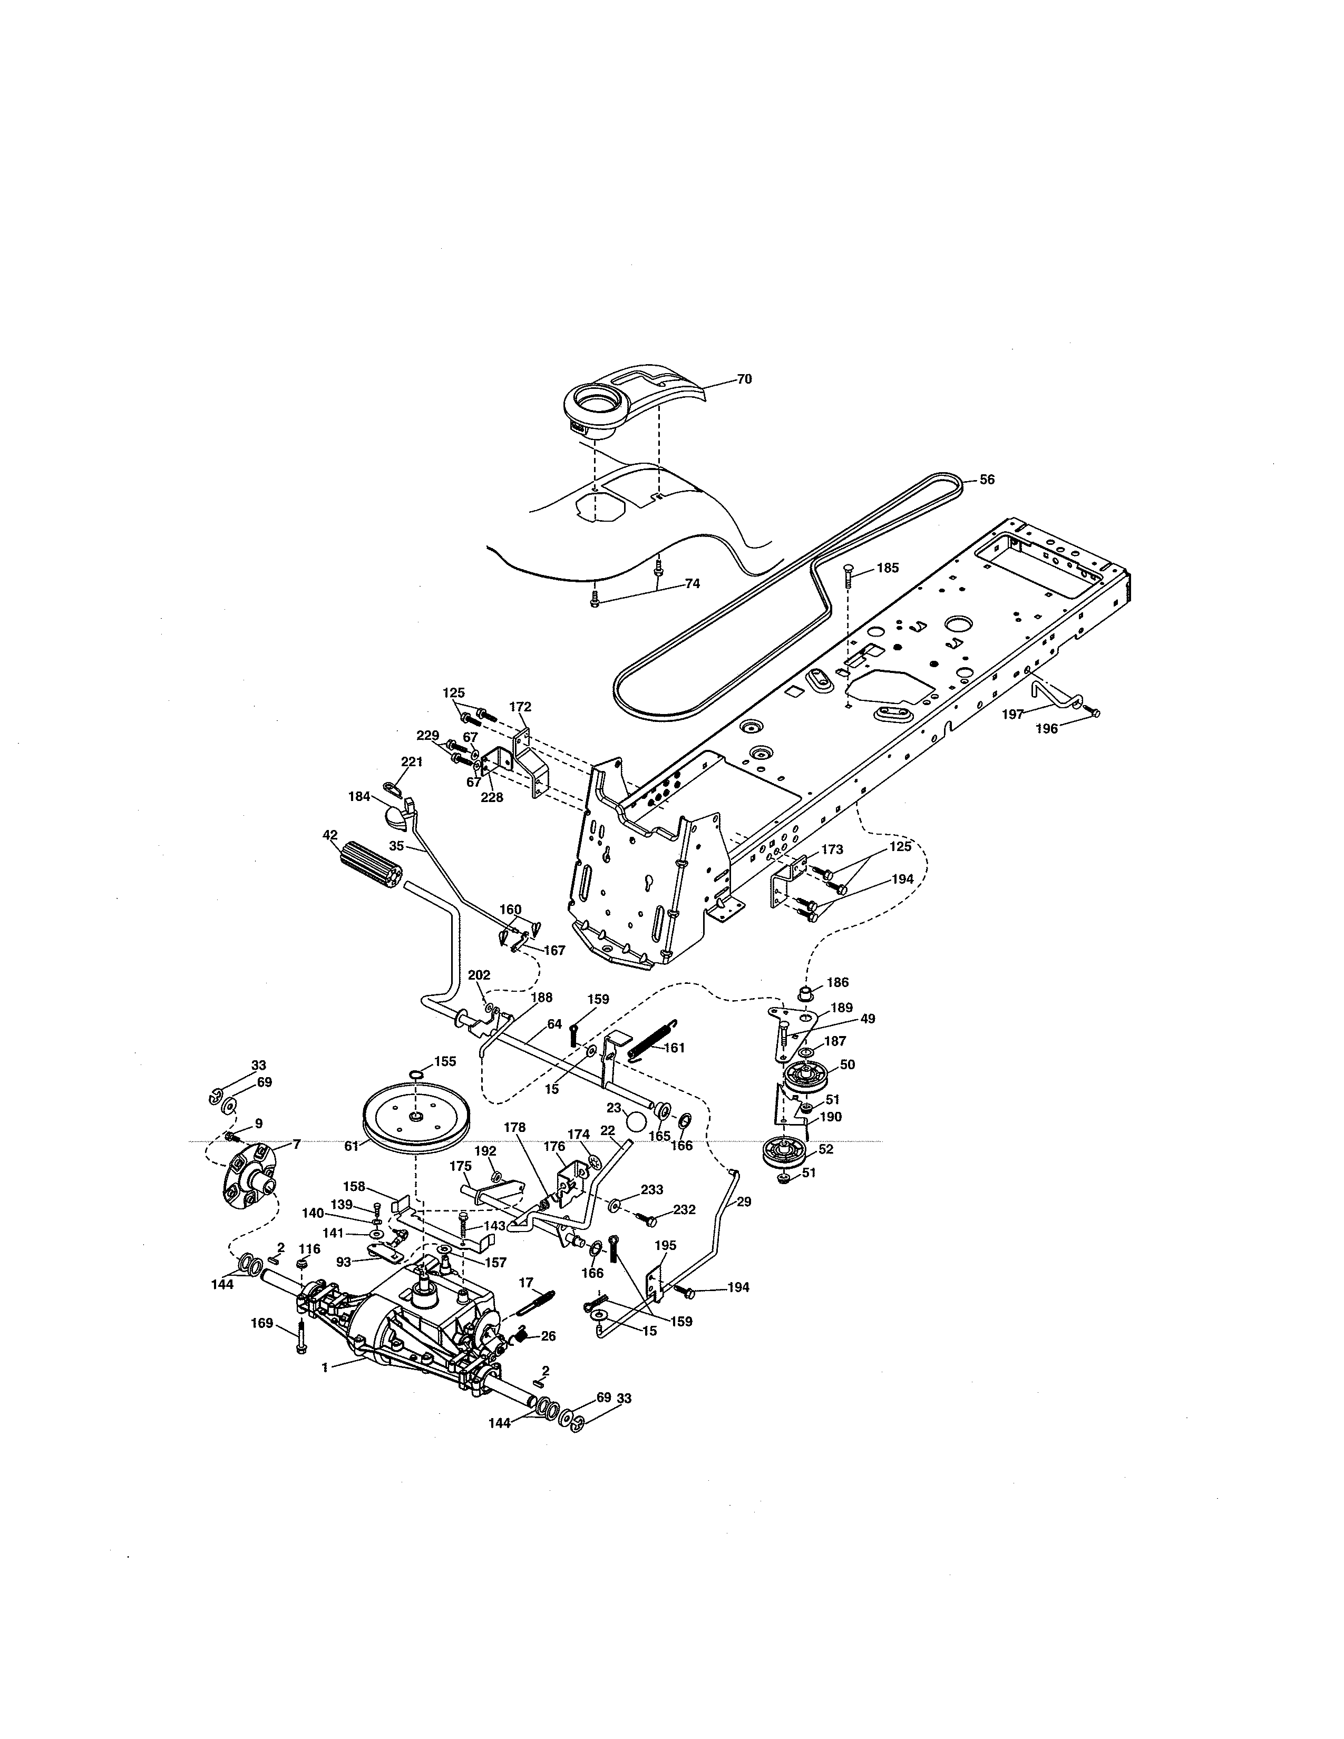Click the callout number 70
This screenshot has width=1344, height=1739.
[x=744, y=380]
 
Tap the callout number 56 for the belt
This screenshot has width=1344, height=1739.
[x=987, y=480]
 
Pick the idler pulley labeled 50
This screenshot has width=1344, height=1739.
[x=805, y=1078]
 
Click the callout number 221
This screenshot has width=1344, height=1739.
[x=412, y=762]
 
